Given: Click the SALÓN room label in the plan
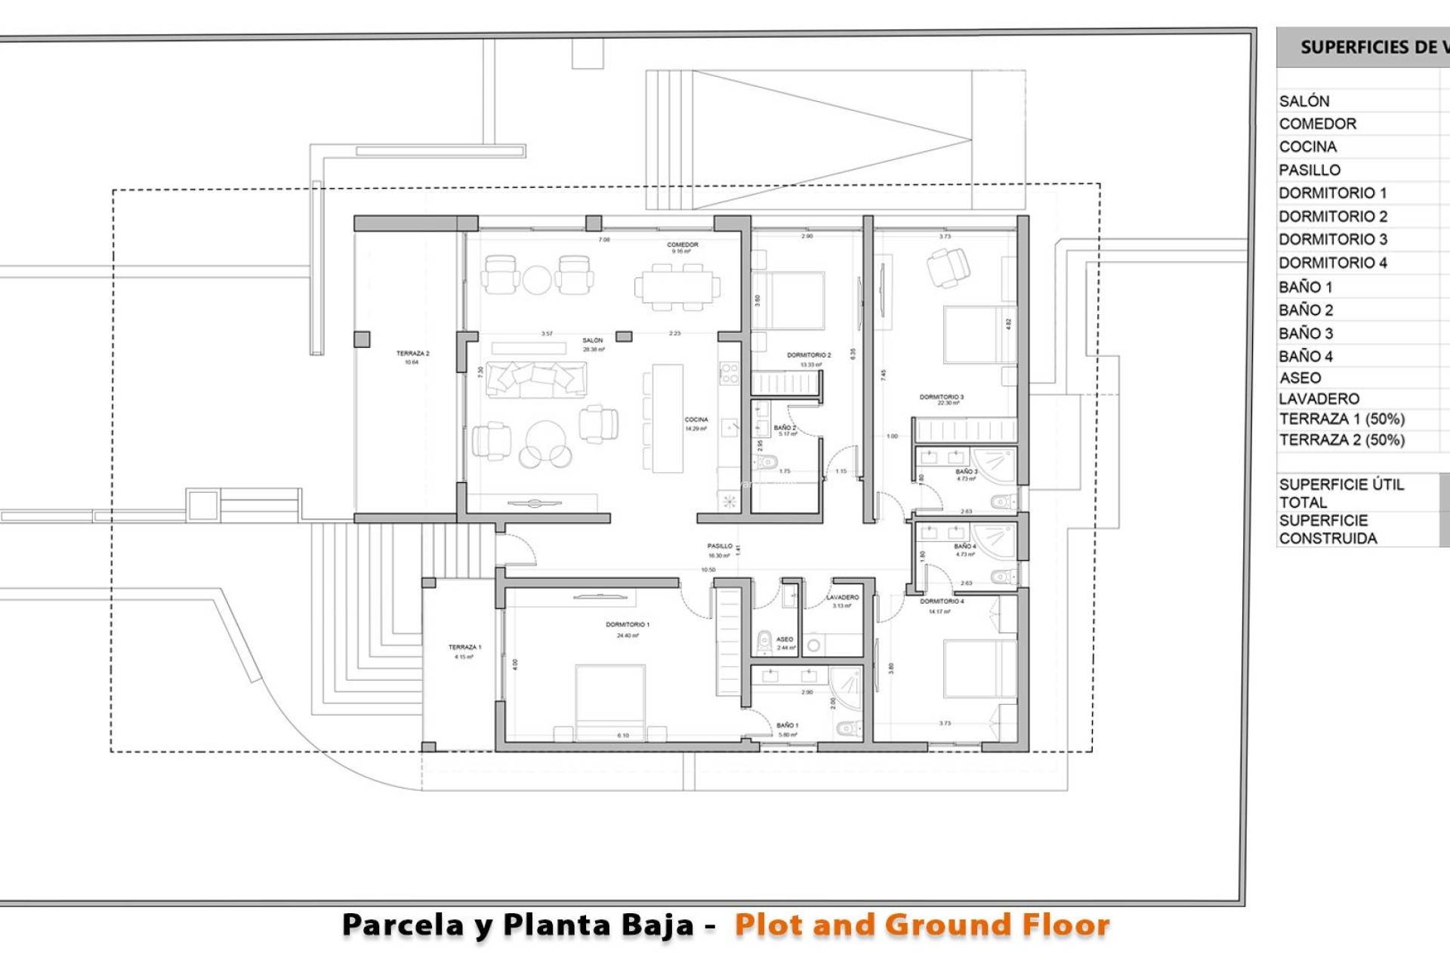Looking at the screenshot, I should [593, 341].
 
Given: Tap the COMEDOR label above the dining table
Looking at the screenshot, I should [682, 245].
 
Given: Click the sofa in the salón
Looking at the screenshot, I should [536, 379].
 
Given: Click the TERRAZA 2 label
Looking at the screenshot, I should [412, 354].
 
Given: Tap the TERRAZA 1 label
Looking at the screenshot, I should [464, 648].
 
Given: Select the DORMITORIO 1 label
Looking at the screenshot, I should [627, 625].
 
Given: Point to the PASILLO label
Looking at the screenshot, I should [719, 546].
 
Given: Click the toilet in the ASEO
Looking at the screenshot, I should [764, 642].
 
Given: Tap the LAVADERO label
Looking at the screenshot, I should [842, 598].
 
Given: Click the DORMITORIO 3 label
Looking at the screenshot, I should [941, 397].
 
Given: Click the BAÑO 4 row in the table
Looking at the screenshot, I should [1306, 356].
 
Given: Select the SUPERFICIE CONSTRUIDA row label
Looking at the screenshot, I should [1328, 530].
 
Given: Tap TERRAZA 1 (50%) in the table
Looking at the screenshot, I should [1341, 420].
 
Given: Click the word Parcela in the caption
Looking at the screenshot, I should [404, 925].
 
